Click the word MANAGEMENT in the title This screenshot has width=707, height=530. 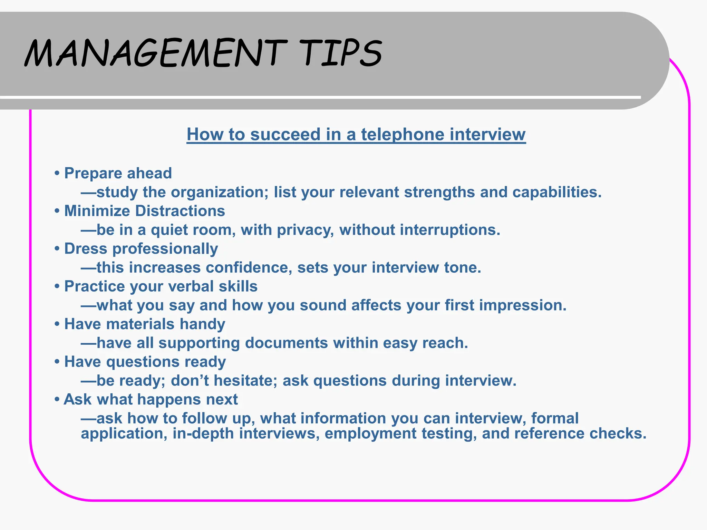[x=156, y=53]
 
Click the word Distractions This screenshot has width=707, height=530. [x=180, y=211]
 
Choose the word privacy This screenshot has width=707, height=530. [x=305, y=230]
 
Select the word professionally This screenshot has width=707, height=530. [x=165, y=249]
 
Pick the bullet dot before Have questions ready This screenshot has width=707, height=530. [x=57, y=362]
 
